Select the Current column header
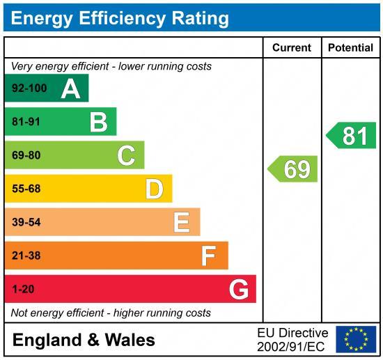pyautogui.click(x=291, y=48)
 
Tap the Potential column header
pyautogui.click(x=350, y=48)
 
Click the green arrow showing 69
pyautogui.click(x=293, y=169)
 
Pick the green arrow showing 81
pyautogui.click(x=352, y=135)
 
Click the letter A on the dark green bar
pyautogui.click(x=70, y=88)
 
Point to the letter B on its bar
pyautogui.click(x=98, y=122)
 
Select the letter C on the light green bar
pyautogui.click(x=126, y=155)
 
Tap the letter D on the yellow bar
pyautogui.click(x=154, y=189)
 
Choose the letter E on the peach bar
pyautogui.click(x=181, y=222)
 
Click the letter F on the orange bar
pyautogui.click(x=208, y=256)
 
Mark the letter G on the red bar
pyautogui.click(x=238, y=289)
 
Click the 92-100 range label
pyautogui.click(x=28, y=88)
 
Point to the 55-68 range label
pyautogui.click(x=26, y=189)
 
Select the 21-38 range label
pyautogui.click(x=26, y=256)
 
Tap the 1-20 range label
pyautogui.click(x=23, y=289)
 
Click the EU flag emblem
pyautogui.click(x=355, y=339)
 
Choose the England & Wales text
pyautogui.click(x=84, y=340)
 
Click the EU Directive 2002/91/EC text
pyautogui.click(x=292, y=339)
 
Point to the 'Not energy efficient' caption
pyautogui.click(x=111, y=313)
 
